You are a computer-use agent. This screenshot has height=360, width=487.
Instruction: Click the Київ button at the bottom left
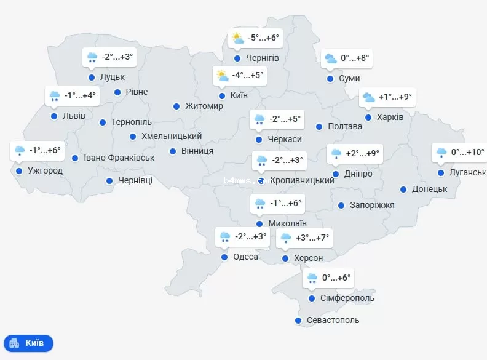pyautogui.click(x=28, y=343)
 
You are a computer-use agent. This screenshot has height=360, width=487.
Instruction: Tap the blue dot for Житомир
pyautogui.click(x=176, y=106)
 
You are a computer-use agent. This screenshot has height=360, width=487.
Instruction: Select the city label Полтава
pyautogui.click(x=346, y=127)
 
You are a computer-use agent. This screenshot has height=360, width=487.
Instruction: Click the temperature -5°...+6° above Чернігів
pyautogui.click(x=263, y=38)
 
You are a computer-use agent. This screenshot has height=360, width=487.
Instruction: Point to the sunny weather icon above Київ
pyautogui.click(x=221, y=76)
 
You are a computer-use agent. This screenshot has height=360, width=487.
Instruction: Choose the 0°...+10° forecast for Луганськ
pyautogui.click(x=467, y=152)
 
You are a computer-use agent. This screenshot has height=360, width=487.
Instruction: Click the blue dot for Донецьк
pyautogui.click(x=403, y=190)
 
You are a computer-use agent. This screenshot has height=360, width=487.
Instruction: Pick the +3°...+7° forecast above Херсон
pyautogui.click(x=312, y=238)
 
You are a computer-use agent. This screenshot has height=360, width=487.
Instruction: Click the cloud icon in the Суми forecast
pyautogui.click(x=331, y=58)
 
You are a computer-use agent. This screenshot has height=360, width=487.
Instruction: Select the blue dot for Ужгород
pyautogui.click(x=19, y=171)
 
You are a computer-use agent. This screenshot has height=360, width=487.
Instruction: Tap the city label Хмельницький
pyautogui.click(x=172, y=136)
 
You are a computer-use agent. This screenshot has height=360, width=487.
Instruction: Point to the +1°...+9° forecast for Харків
pyautogui.click(x=395, y=97)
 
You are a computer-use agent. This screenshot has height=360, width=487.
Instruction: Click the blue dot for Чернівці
pyautogui.click(x=109, y=181)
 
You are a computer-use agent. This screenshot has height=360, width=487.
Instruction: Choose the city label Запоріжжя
pyautogui.click(x=372, y=205)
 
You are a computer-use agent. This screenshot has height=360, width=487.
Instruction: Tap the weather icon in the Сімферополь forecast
pyautogui.click(x=312, y=278)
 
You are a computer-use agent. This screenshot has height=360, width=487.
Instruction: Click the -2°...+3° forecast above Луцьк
pyautogui.click(x=117, y=57)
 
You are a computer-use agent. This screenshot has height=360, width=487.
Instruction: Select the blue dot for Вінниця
pyautogui.click(x=173, y=151)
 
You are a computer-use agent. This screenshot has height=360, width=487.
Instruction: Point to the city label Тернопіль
pyautogui.click(x=131, y=122)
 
